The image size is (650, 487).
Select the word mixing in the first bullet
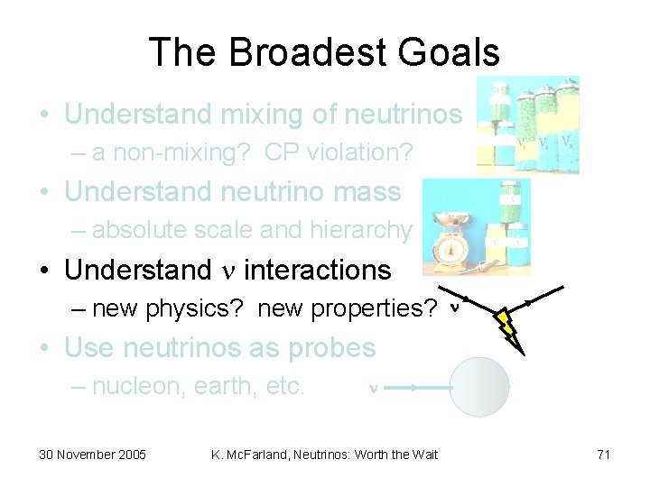(273, 115)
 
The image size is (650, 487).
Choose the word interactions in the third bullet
(318, 270)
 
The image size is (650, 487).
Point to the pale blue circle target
(479, 387)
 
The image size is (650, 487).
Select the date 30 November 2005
(92, 455)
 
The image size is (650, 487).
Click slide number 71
(603, 455)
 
